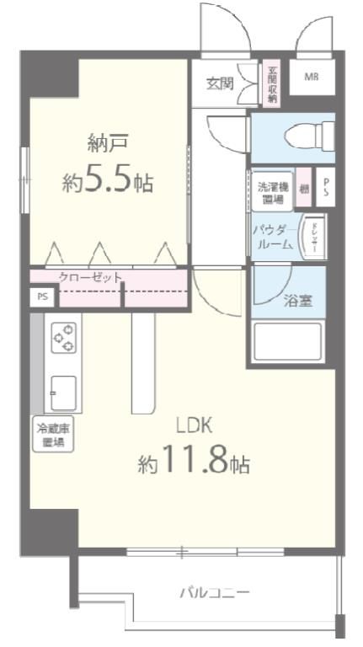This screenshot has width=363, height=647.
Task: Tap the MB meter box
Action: tap(312, 78)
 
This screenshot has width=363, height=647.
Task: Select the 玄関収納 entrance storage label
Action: tap(272, 83)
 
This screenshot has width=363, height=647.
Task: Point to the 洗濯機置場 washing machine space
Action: tap(272, 190)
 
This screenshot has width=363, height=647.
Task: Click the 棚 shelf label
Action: tap(304, 190)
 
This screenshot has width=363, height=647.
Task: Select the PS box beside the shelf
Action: tap(326, 190)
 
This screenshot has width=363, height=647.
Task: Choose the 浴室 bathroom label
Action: tap(297, 300)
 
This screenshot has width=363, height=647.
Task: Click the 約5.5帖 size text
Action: tap(107, 181)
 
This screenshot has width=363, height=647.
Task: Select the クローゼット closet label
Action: tap(90, 276)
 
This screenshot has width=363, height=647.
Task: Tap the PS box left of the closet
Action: tap(41, 297)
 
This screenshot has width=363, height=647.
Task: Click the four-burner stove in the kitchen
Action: tap(63, 337)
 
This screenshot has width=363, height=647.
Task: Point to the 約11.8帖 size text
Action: tap(194, 463)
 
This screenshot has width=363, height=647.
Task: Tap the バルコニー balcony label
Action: tap(214, 592)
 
